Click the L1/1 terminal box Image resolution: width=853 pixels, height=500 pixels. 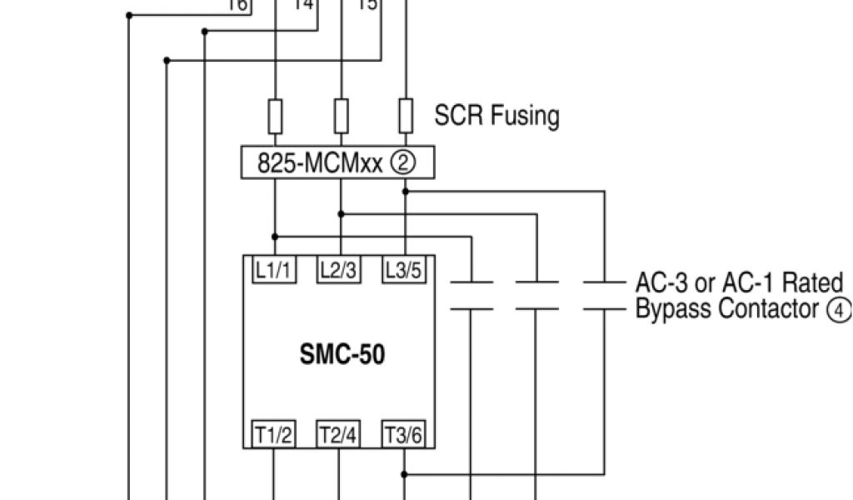pos(273,270)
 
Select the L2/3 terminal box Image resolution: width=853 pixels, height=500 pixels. pos(339,270)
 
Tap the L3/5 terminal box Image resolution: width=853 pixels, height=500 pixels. pos(404,270)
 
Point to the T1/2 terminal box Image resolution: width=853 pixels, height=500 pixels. pos(273,435)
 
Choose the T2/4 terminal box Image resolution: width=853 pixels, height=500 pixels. pos(339,435)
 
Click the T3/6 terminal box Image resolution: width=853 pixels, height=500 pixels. pos(404,435)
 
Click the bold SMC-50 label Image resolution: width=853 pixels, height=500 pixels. pos(342,355)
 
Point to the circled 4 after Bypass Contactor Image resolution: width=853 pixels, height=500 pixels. pos(838,311)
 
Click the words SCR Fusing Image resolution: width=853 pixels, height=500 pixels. pos(496,116)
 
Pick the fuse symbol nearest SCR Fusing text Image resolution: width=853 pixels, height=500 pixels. pos(406,116)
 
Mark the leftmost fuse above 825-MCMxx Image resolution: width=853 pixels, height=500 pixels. pos(275,116)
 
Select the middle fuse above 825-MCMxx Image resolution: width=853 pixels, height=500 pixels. pos(340,116)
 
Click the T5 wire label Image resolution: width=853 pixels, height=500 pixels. pos(367,5)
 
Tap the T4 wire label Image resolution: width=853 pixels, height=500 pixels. pos(303,5)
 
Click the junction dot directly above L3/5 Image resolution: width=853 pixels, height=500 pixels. pos(406,191)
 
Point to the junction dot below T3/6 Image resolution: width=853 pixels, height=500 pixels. pos(406,473)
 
